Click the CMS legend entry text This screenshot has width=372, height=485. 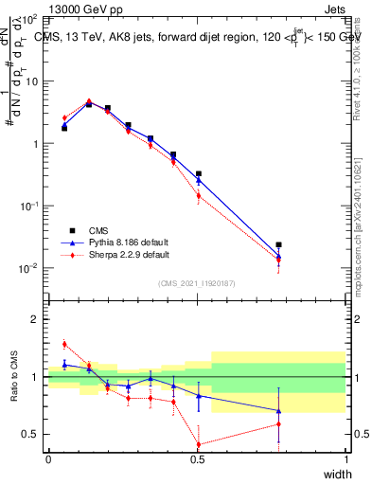pyautogui.click(x=97, y=229)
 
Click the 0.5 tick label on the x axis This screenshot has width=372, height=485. pyautogui.click(x=197, y=460)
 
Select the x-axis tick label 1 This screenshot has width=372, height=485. pyautogui.click(x=345, y=460)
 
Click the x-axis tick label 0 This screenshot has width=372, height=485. pyautogui.click(x=48, y=460)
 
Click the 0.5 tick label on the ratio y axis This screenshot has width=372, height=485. pyautogui.click(x=28, y=434)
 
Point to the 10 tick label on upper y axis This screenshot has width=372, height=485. pyautogui.click(x=31, y=81)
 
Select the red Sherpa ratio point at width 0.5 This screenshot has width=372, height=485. pyautogui.click(x=198, y=444)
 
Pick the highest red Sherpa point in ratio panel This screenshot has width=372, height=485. pyautogui.click(x=64, y=344)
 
